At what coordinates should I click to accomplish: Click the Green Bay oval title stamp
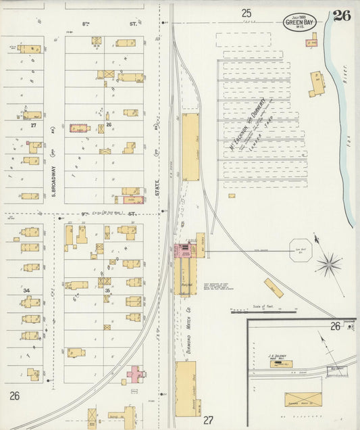299,21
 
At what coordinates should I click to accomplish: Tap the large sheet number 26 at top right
341,16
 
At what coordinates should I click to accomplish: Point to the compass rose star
329,264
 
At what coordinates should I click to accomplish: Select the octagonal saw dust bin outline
301,249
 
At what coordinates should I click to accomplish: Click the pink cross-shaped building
136,373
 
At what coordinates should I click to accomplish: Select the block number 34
27,291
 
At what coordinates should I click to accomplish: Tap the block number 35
107,291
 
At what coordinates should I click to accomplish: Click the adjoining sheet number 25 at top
247,12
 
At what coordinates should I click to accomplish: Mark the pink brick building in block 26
80,128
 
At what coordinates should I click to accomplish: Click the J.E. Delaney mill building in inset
281,364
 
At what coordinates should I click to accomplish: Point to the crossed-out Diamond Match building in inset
303,399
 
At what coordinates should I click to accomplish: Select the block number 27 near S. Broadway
32,125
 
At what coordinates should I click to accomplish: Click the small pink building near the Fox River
311,43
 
